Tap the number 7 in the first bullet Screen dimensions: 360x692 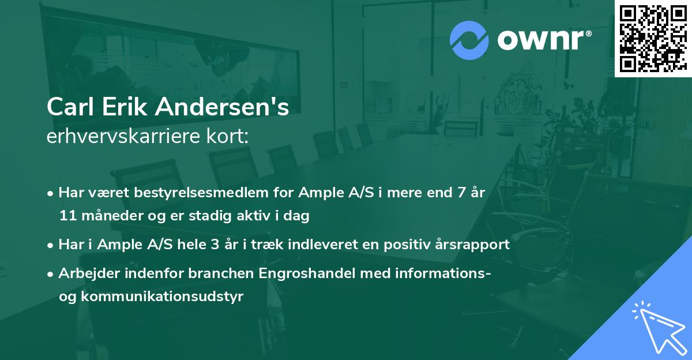[x=461, y=193]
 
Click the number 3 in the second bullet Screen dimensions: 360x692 [x=215, y=245]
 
